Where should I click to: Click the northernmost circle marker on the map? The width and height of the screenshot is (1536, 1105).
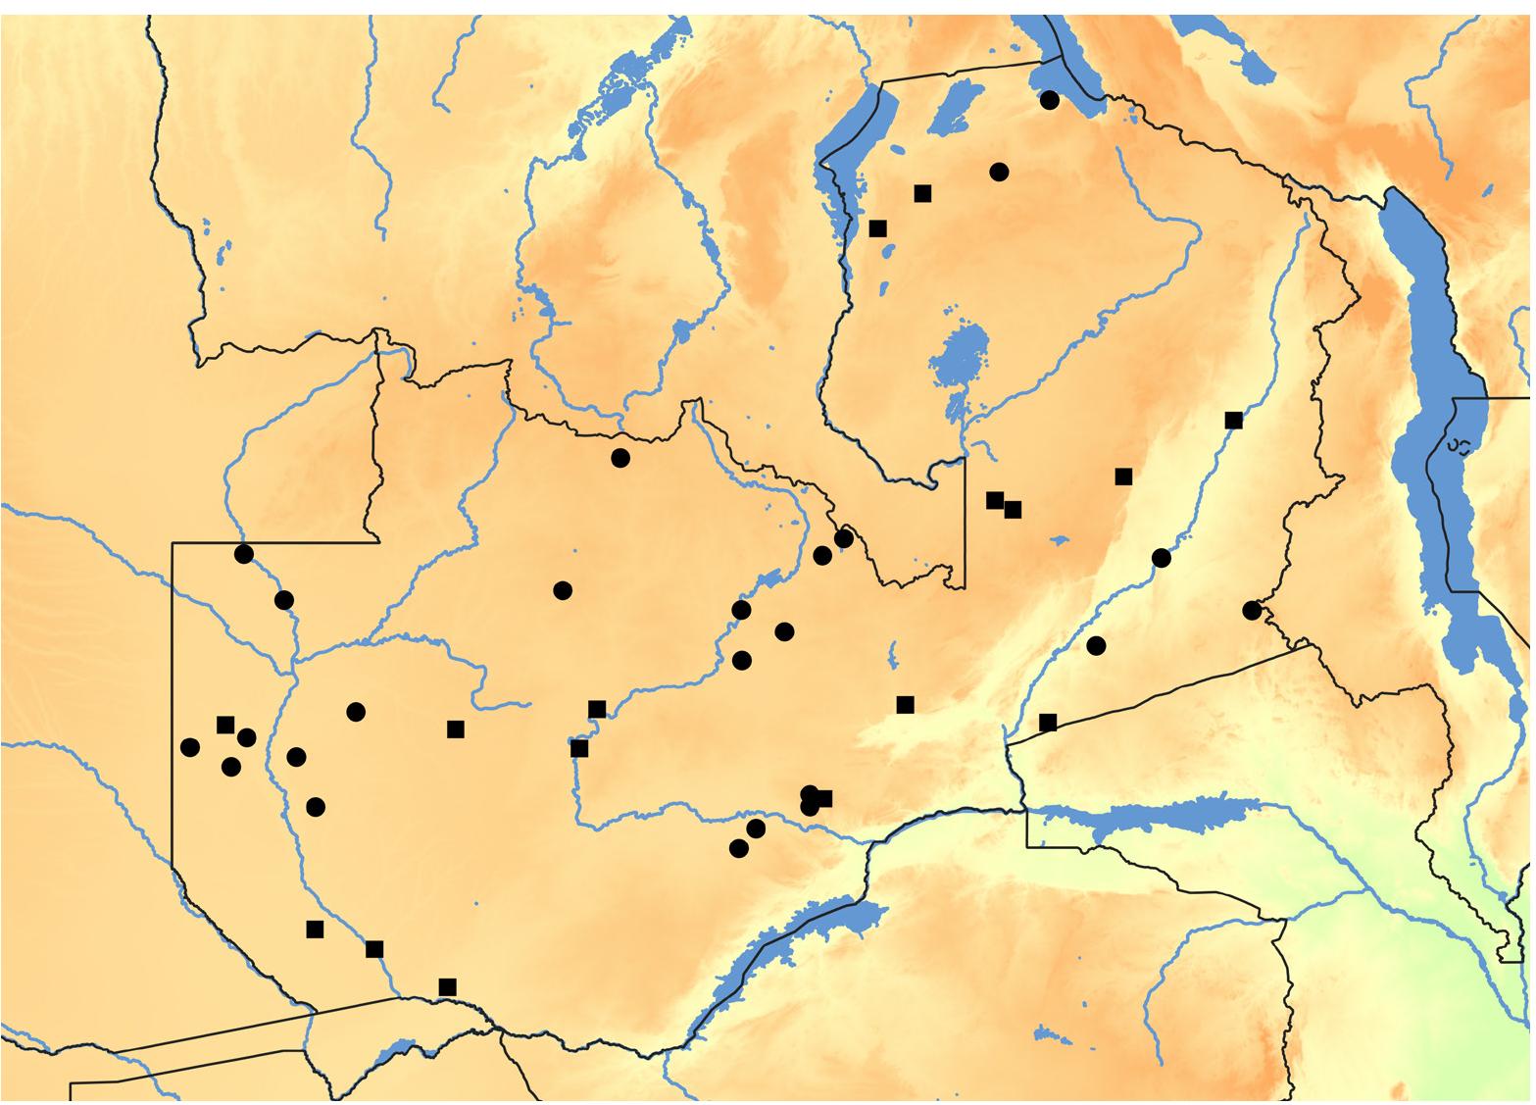1050,100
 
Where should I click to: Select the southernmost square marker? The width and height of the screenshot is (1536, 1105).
448,986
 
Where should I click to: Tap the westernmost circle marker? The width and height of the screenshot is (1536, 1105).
190,747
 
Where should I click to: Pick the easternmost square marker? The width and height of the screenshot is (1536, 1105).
1234,421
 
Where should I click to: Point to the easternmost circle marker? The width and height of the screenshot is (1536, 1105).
1252,610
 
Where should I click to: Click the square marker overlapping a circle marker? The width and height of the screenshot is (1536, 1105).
823,798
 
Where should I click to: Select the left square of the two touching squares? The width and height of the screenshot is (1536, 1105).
995,500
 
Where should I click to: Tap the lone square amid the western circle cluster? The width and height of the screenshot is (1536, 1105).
225,725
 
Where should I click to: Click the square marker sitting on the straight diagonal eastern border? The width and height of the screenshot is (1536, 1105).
1048,723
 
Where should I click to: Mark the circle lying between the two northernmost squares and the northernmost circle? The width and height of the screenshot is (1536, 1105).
999,172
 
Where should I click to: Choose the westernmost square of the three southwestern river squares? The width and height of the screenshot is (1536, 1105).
315,929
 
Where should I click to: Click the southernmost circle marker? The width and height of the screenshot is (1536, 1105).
739,848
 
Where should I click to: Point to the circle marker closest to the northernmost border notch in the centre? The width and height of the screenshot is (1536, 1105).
619,458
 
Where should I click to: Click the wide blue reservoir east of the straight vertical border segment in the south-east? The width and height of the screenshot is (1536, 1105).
1157,818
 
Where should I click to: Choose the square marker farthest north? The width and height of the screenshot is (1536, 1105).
922,193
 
